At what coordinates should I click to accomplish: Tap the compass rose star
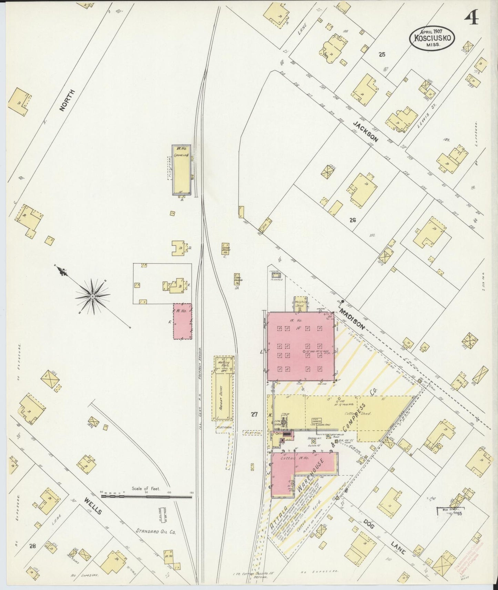coord(92,296)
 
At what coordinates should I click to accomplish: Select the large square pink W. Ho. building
coord(301,346)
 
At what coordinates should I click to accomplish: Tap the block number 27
coord(254,415)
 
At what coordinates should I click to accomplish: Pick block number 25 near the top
coord(382,54)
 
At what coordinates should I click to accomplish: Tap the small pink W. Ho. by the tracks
coord(182,321)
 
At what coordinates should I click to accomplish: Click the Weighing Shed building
coord(301,304)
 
